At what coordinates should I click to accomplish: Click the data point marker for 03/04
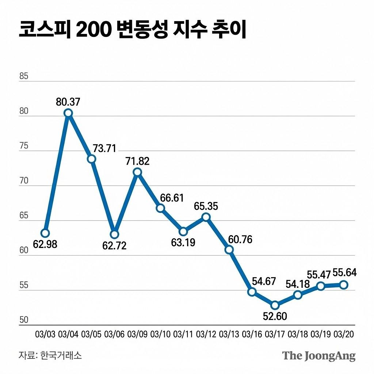pyautogui.click(x=68, y=113)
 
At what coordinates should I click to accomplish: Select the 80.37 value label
pyautogui.click(x=68, y=102)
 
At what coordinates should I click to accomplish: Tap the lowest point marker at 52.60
pyautogui.click(x=275, y=305)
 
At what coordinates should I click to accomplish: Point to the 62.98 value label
pyautogui.click(x=45, y=244)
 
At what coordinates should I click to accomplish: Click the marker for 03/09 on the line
pyautogui.click(x=137, y=172)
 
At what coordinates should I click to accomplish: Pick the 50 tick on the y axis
pyautogui.click(x=24, y=320)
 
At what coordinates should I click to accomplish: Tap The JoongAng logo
pyautogui.click(x=319, y=356)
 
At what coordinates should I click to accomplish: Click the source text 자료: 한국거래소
pyautogui.click(x=50, y=355)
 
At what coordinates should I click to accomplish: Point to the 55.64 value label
pyautogui.click(x=345, y=273)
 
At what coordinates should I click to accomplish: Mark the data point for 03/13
pyautogui.click(x=229, y=250)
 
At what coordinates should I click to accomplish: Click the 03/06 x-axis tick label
pyautogui.click(x=114, y=334)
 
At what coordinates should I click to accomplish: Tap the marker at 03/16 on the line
pyautogui.click(x=252, y=292)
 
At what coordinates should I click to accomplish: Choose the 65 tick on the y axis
pyautogui.click(x=24, y=215)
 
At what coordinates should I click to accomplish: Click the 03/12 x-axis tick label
pyautogui.click(x=206, y=334)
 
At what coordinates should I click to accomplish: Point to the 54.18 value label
pyautogui.click(x=297, y=284)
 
